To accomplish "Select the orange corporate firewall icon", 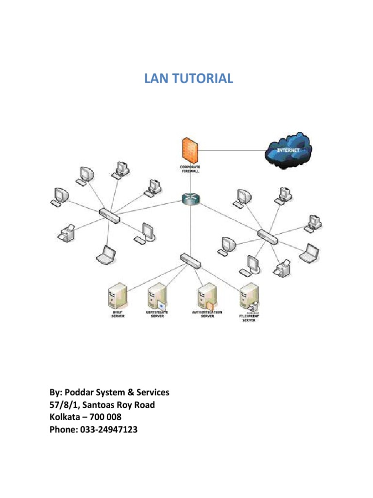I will (x=188, y=151).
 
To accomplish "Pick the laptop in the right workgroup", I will (x=308, y=253).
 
